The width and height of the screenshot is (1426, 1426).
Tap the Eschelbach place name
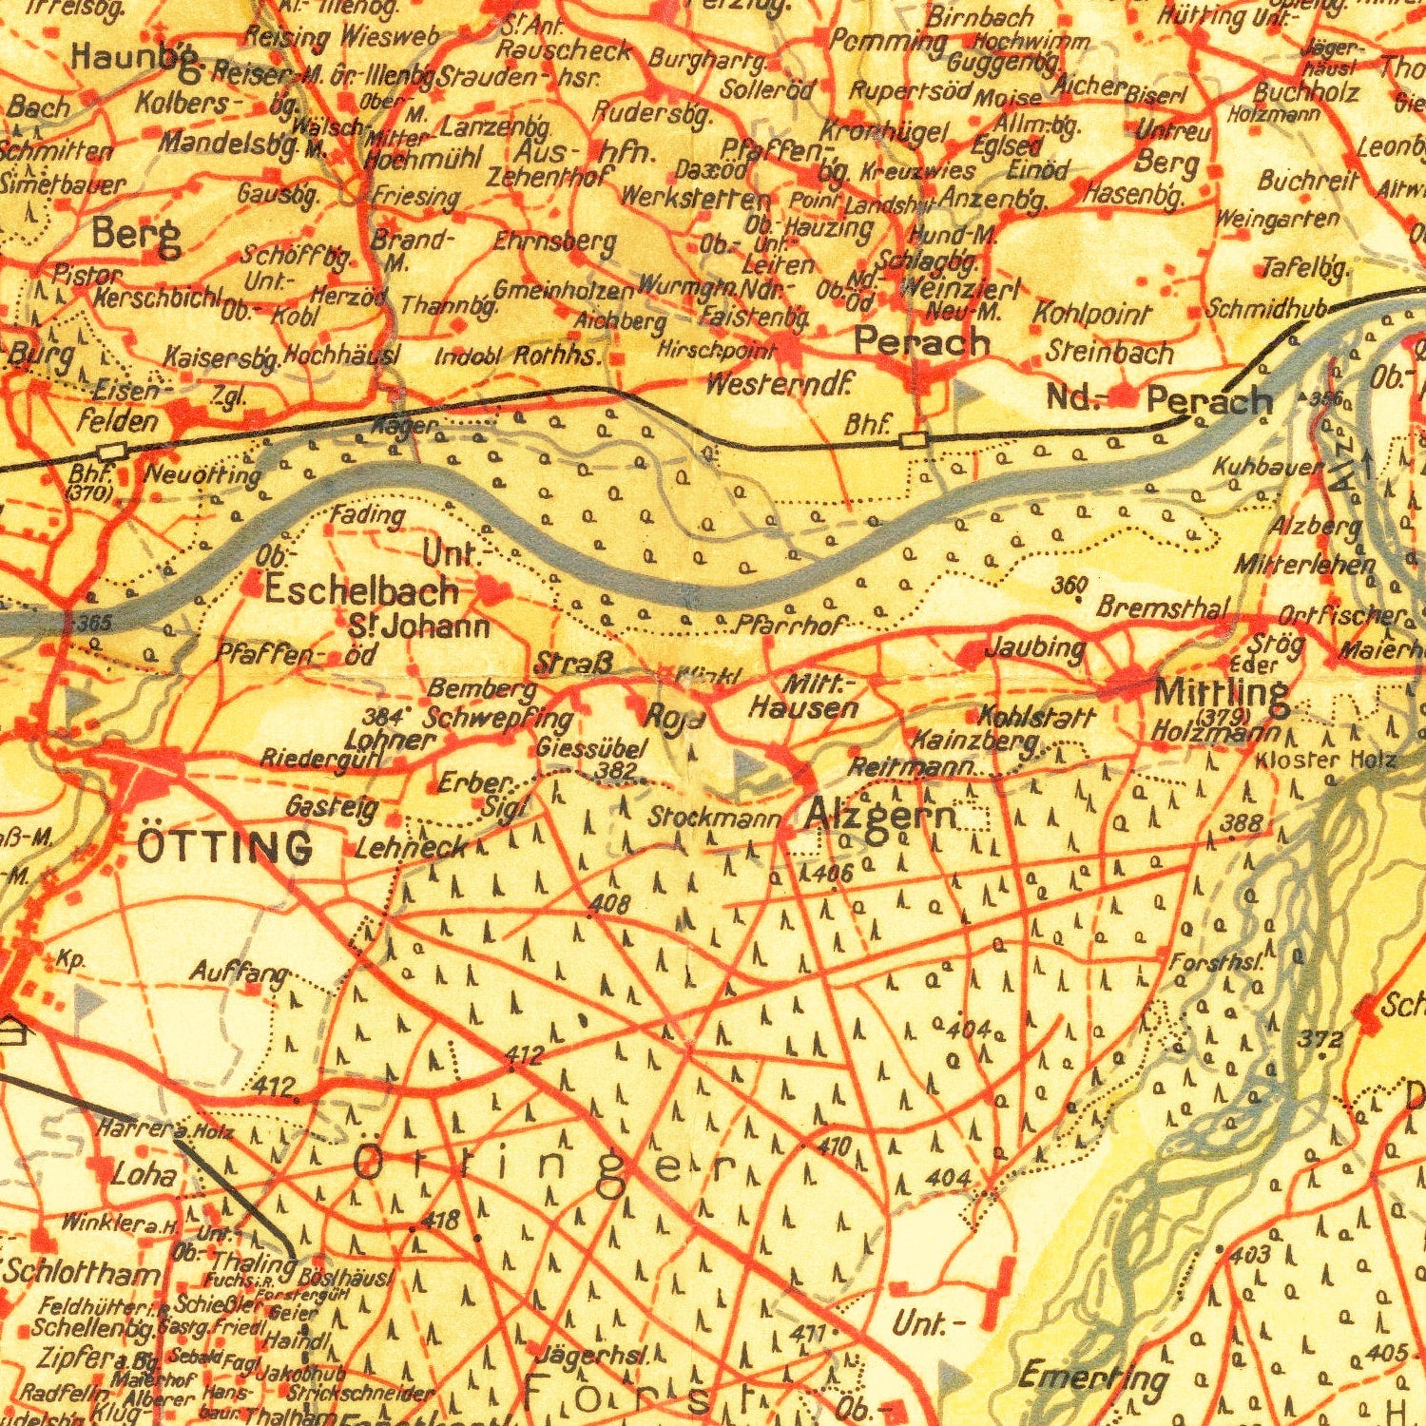361,591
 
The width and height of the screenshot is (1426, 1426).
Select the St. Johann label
419,627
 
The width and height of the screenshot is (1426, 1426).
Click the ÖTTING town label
224,846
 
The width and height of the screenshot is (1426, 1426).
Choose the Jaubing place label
1035,648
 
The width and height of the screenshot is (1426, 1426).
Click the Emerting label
1093,1376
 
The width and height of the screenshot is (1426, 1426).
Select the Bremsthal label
1164,607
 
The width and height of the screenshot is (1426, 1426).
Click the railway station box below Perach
913,439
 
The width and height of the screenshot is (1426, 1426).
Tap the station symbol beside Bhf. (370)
112,451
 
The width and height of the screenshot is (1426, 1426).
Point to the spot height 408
608,904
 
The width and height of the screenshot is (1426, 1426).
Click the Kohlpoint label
1091,314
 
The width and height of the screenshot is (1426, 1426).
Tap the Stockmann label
715,817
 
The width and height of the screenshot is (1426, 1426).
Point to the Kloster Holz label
1326,760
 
